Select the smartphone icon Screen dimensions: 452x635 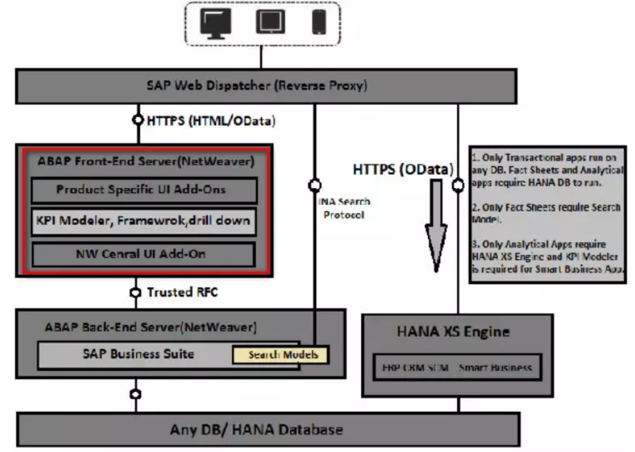319,22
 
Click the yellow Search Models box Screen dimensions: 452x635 280,355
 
